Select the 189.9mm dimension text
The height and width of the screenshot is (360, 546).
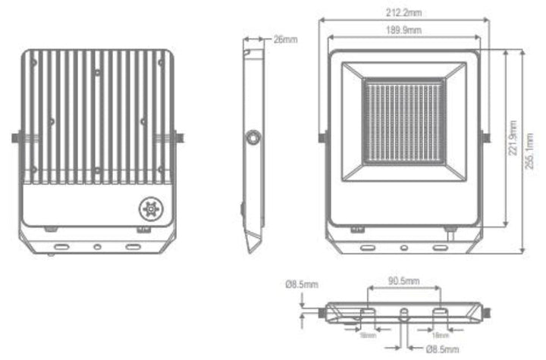[x=403, y=30]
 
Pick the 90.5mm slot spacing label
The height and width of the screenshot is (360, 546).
[x=403, y=280]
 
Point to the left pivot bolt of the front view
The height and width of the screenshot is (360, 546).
[x=324, y=138]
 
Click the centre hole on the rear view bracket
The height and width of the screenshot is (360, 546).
[x=96, y=246]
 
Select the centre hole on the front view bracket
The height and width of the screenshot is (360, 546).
[x=403, y=246]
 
